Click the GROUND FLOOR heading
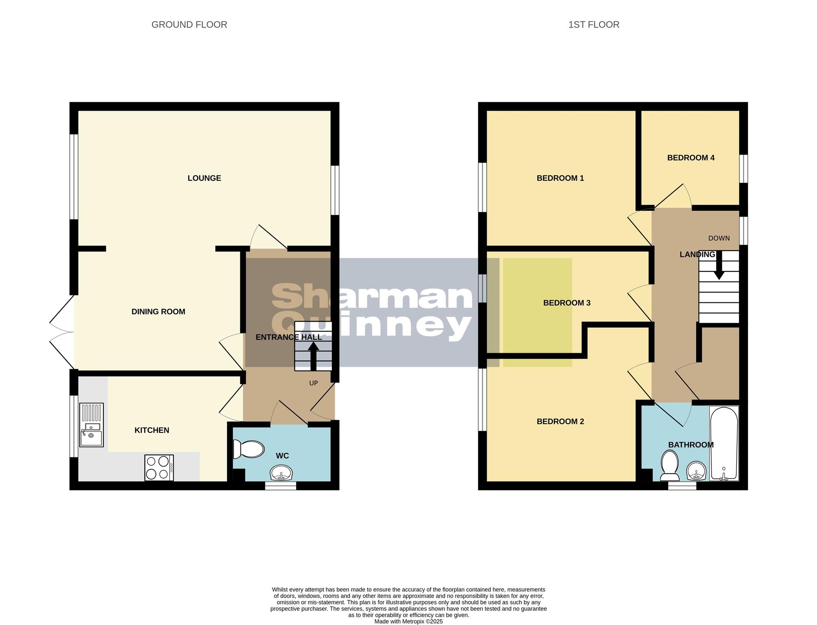point(189,25)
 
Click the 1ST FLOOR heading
point(594,25)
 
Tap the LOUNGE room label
point(204,178)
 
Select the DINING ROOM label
point(158,312)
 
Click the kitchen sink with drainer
point(92,425)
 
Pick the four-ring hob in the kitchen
point(159,468)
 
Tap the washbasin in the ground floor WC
point(281,473)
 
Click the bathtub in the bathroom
point(723,444)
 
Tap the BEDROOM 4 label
point(690,158)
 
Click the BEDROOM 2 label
point(560,422)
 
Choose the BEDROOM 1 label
point(560,178)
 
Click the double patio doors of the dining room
point(61,332)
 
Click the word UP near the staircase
point(313,383)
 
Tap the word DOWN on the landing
point(719,238)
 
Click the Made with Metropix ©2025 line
point(408,621)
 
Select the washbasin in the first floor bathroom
point(697,472)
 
